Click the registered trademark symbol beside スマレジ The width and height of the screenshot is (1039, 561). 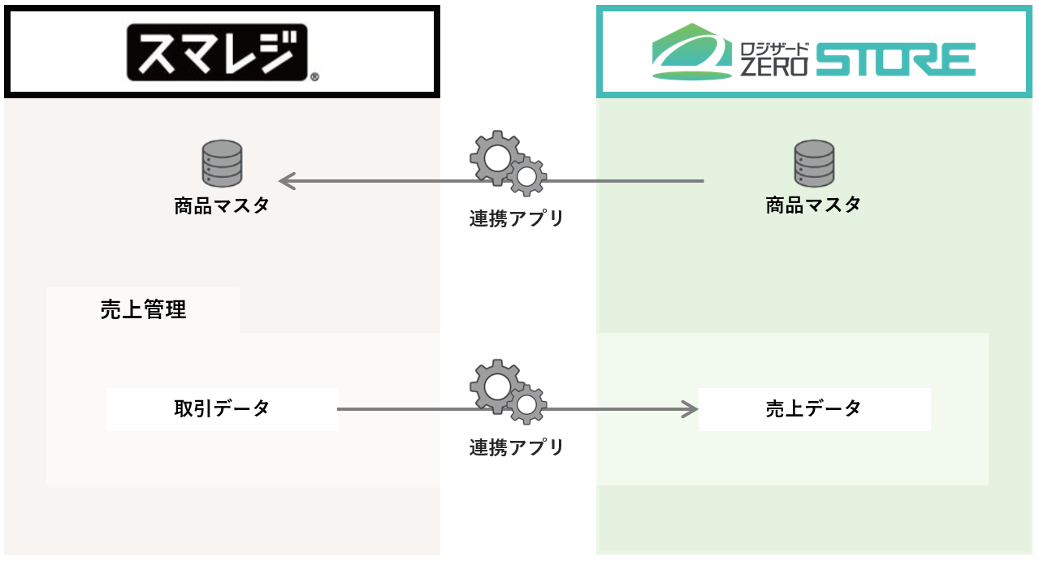314,78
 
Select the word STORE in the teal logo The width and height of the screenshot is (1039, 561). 895,61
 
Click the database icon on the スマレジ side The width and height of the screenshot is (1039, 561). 222,164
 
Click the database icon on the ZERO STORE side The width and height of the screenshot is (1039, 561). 814,164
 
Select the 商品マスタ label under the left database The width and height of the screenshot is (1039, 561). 222,205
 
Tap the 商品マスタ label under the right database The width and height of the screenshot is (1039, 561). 814,205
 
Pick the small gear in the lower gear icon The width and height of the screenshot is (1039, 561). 526,403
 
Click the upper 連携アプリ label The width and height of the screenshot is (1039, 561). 516,218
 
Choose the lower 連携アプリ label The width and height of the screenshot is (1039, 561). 516,447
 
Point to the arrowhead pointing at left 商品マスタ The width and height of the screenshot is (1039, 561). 285,181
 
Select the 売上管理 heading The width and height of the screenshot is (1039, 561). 144,309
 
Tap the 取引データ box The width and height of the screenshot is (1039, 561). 222,409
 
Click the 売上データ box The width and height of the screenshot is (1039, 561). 814,409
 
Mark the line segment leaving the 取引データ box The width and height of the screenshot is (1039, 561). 398,409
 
